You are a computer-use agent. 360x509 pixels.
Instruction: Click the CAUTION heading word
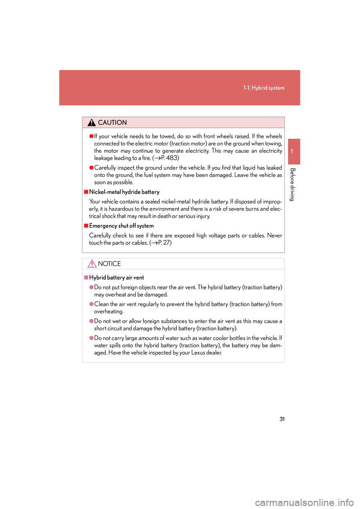(112, 123)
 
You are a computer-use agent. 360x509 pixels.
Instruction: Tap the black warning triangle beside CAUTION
(91, 123)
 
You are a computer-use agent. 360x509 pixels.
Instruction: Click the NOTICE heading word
(109, 264)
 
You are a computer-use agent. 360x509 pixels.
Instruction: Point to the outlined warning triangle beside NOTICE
(92, 264)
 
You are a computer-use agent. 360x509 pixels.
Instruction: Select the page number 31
(282, 419)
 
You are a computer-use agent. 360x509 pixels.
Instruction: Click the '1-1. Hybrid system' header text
(264, 88)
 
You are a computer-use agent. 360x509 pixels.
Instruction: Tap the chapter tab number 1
(292, 151)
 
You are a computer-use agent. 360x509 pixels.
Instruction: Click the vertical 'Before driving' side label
(292, 184)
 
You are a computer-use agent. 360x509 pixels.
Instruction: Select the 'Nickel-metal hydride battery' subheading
(124, 192)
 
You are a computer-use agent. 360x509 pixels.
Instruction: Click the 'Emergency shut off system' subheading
(121, 226)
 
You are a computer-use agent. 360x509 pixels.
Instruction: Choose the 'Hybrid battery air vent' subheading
(116, 277)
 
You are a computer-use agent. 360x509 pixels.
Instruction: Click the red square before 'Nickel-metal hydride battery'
(86, 192)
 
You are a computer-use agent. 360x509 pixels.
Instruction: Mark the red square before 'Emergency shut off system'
(86, 226)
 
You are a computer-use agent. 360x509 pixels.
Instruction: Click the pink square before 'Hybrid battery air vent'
(86, 277)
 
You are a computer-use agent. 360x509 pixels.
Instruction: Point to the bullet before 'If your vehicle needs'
(91, 136)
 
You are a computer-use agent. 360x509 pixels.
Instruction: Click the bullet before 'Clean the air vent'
(91, 304)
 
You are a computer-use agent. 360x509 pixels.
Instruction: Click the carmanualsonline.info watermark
(304, 502)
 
